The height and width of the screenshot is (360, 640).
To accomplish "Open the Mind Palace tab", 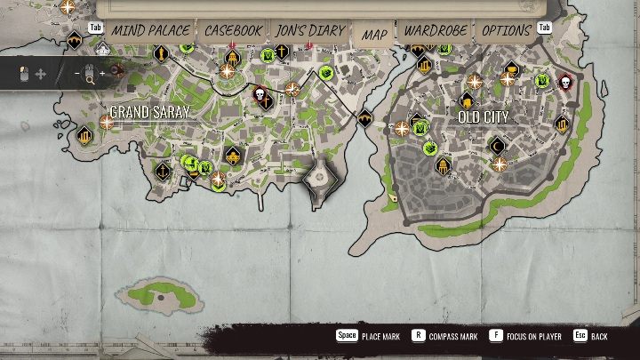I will coord(150,30).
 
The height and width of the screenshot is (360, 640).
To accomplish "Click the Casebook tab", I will coord(233,30).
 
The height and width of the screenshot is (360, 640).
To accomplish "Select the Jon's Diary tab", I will coord(309,30).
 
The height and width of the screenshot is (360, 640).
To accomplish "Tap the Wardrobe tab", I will coord(436,30).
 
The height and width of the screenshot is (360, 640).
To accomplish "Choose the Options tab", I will coord(506,30).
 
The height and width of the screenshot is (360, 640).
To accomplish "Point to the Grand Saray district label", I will coord(150,111).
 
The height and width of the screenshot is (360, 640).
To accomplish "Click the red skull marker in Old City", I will coord(564,84).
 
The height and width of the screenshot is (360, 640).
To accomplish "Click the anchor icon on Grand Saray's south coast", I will coord(163,168).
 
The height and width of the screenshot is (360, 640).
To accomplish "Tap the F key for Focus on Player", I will coord(496,336).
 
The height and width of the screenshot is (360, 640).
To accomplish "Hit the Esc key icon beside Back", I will coord(580,336).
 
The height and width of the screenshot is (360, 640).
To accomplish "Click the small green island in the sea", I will coord(159,292).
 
